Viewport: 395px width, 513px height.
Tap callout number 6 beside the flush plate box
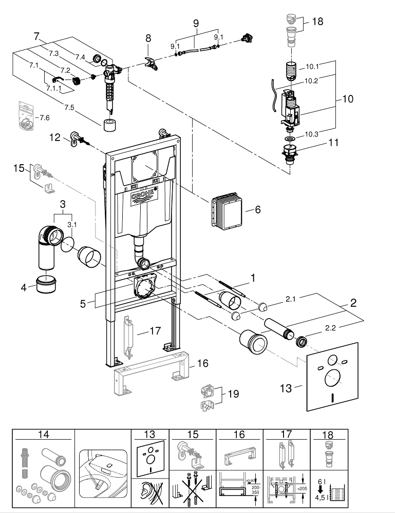(258, 210)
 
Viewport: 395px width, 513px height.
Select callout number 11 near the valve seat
(334, 143)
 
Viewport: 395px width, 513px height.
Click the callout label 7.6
(44, 117)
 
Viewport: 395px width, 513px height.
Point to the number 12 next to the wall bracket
(55, 137)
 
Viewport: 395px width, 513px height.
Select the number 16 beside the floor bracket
(203, 363)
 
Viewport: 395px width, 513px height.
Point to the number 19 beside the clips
(233, 394)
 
